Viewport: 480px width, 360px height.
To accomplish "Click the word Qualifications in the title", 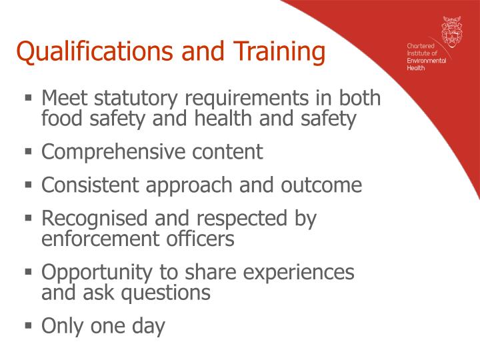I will [x=93, y=51].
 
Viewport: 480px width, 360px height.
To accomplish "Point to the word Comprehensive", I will [x=113, y=152].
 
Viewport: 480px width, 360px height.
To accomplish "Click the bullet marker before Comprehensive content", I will [x=29, y=151].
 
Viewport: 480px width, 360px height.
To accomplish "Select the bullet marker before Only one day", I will [x=29, y=326].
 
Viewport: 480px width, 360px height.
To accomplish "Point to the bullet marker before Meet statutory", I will [x=29, y=98].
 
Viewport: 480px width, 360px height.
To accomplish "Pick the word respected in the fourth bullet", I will [x=241, y=218].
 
